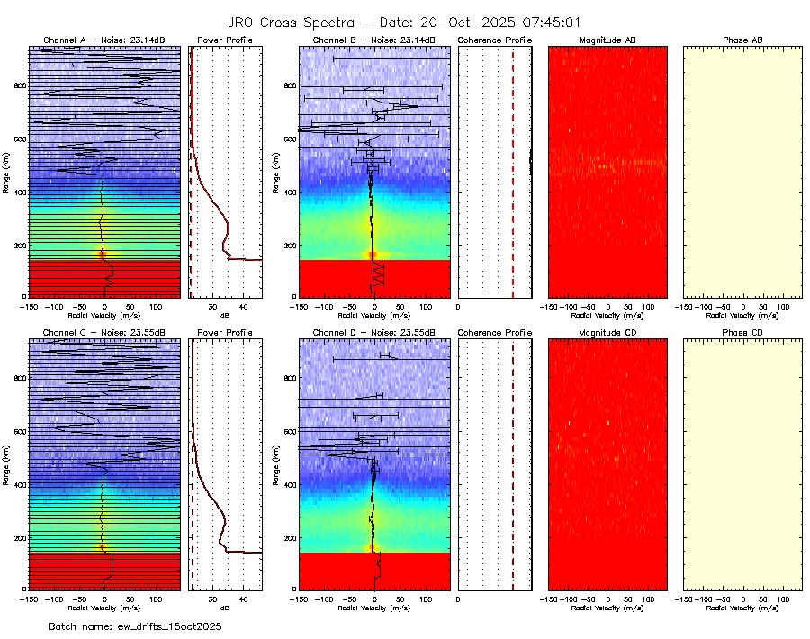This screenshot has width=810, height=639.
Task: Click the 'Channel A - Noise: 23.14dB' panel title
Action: tap(104, 40)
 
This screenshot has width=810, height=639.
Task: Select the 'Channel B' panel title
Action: tap(374, 40)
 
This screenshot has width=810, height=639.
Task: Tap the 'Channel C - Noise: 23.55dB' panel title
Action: tap(104, 333)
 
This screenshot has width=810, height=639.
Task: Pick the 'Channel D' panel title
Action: tap(374, 333)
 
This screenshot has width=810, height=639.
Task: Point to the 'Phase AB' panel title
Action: tap(743, 40)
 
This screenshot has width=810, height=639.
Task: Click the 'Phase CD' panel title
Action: tap(743, 333)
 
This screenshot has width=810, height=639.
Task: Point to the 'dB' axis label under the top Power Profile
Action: tap(225, 316)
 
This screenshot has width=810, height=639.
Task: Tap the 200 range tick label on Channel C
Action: tap(19, 537)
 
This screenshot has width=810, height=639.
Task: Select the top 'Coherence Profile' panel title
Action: tap(495, 40)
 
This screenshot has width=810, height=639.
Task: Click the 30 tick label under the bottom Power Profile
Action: tap(211, 598)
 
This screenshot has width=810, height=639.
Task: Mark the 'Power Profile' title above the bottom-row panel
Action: tap(225, 333)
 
